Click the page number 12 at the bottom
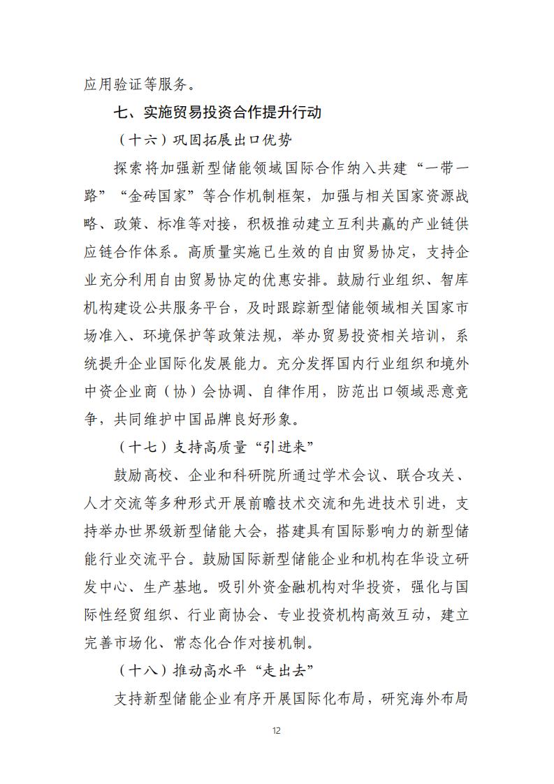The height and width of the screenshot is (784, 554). click(x=277, y=731)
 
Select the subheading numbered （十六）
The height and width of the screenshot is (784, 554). click(x=203, y=140)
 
